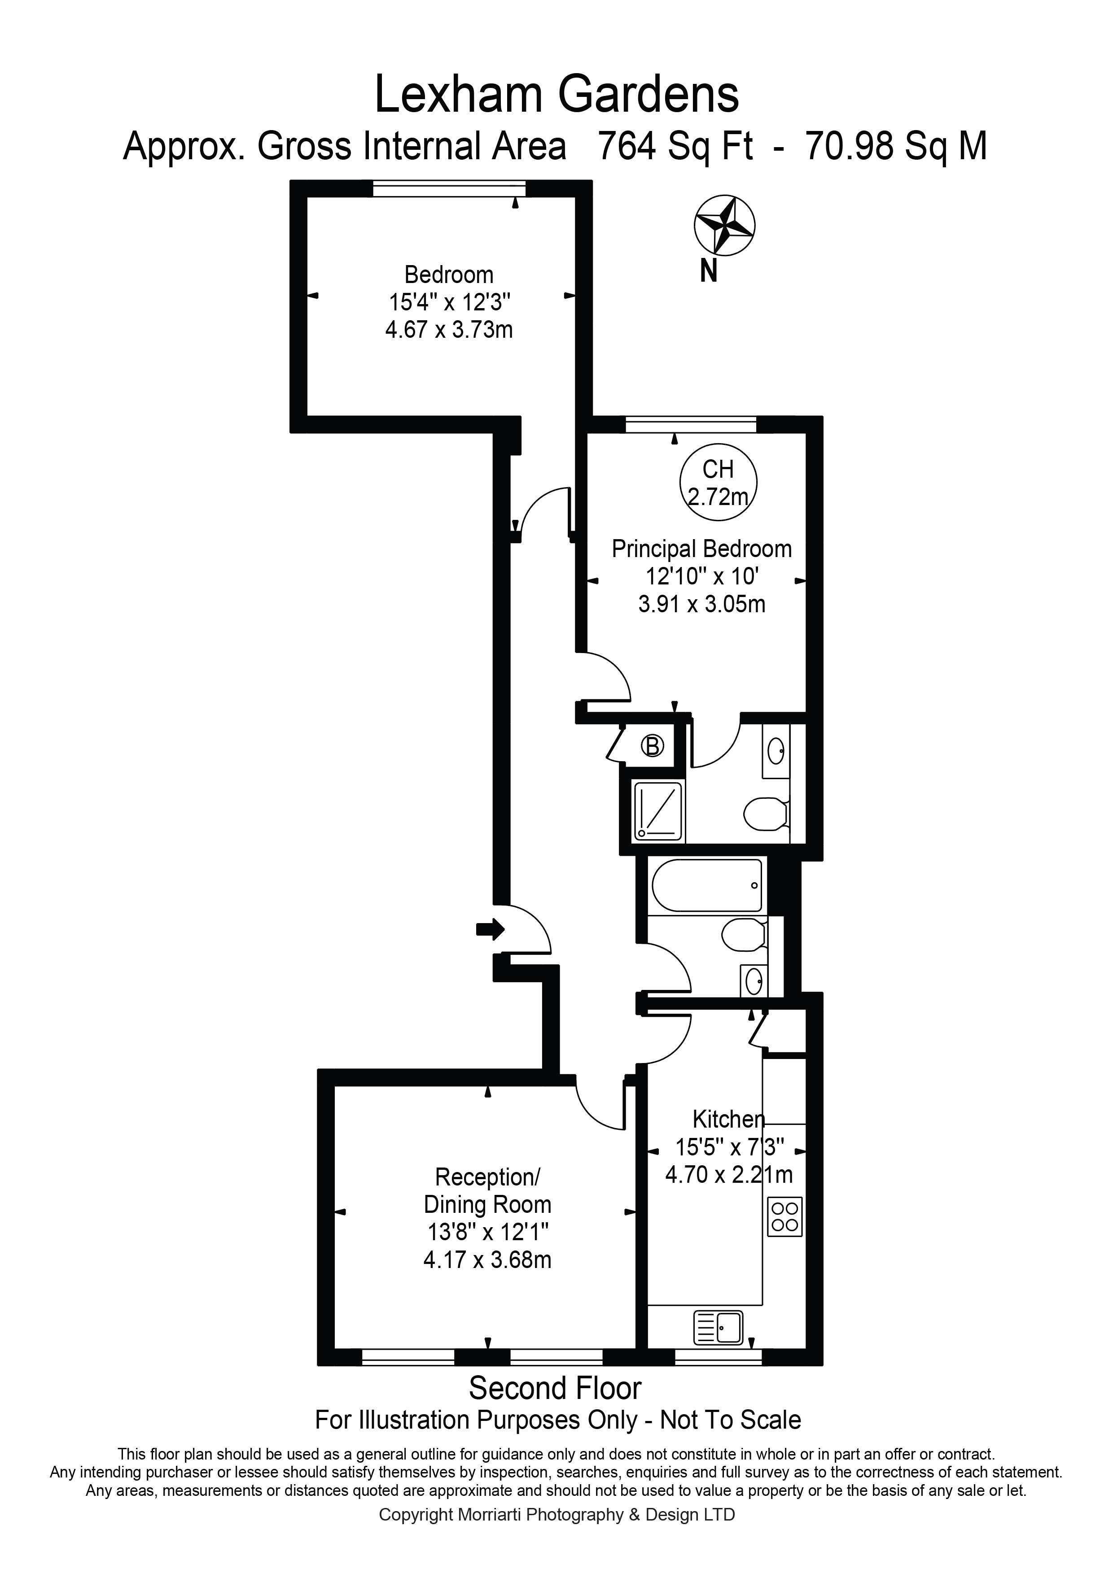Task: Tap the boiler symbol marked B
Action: pos(653,745)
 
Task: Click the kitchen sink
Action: pos(718,1328)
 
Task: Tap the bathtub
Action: pos(707,885)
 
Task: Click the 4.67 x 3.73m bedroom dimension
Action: pos(449,330)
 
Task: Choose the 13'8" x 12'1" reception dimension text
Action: pos(487,1233)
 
